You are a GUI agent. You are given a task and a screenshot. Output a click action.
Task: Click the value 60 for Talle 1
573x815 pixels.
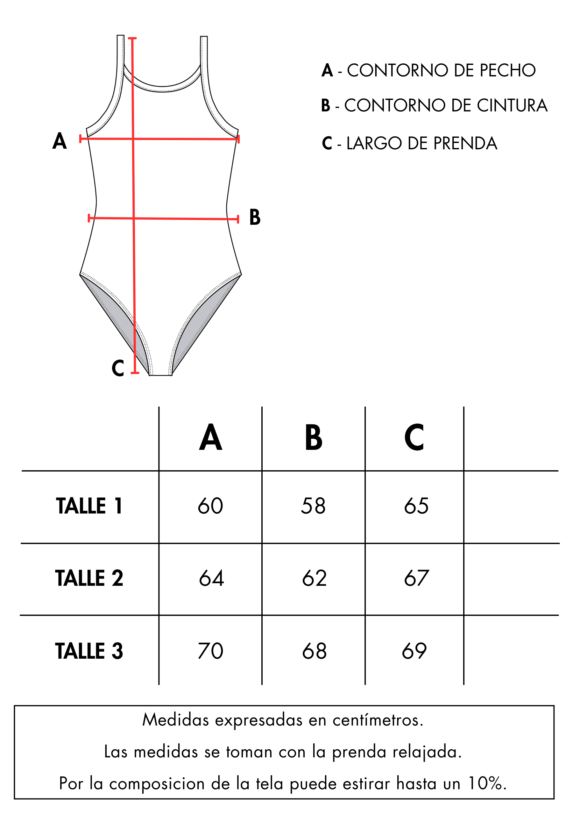pos(210,506)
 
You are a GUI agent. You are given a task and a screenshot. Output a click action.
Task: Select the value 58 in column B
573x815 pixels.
pos(313,506)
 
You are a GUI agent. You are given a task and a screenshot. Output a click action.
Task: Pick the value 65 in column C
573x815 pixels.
pos(416,506)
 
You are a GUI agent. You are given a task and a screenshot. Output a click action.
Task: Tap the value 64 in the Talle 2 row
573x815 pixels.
pos(212,578)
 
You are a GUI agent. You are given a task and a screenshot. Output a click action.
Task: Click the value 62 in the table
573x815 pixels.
pos(314,578)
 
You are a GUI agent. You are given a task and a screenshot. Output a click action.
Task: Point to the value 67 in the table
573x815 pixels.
pos(416,578)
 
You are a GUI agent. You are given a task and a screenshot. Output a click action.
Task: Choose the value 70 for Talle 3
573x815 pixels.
pos(210,651)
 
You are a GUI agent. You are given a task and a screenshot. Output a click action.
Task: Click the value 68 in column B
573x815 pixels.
pos(314,651)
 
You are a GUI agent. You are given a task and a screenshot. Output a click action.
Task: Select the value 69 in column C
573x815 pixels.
pos(414,651)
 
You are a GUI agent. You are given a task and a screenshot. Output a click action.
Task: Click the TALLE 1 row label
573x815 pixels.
pos(89,506)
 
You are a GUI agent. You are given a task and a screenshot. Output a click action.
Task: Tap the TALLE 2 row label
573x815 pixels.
pos(89,578)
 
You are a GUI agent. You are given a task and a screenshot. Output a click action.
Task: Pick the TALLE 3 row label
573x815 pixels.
pos(89,651)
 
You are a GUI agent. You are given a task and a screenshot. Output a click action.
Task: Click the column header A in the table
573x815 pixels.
pos(210,437)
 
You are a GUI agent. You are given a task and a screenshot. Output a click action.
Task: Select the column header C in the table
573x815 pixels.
pos(414,437)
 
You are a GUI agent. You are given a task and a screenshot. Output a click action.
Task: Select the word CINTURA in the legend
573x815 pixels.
pos(512,105)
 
